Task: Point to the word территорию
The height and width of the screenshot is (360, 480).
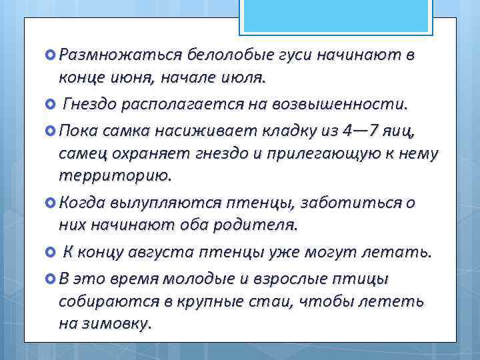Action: click(x=114, y=177)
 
